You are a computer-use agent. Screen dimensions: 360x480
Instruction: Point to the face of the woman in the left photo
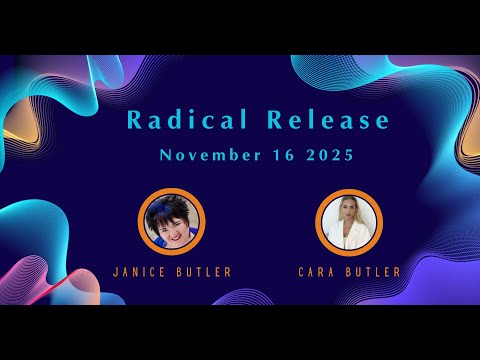coord(169,225)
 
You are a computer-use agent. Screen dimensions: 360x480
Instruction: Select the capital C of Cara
coord(301,271)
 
